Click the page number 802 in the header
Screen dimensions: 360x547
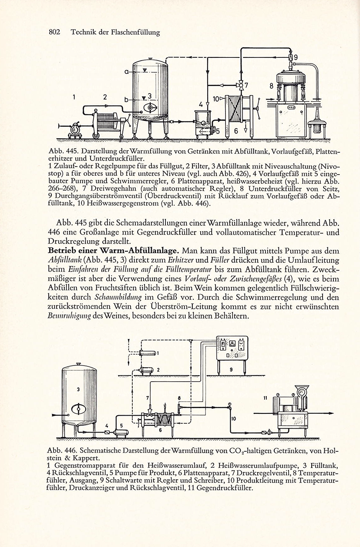54,32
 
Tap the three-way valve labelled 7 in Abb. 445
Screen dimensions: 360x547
241,85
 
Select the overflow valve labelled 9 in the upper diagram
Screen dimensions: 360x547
291,57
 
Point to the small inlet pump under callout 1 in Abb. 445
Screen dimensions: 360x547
75,129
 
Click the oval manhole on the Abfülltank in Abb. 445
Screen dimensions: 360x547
150,107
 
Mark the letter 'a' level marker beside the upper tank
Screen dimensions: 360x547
126,72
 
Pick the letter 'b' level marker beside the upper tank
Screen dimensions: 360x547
126,100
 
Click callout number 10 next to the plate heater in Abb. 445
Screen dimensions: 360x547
216,99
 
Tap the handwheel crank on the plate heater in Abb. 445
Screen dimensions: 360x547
257,107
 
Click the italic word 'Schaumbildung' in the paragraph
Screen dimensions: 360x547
118,297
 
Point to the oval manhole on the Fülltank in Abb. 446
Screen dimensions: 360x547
78,409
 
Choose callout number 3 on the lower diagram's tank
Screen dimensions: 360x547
78,389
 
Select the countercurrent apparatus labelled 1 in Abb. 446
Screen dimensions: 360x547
147,353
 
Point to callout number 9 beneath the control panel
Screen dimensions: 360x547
231,370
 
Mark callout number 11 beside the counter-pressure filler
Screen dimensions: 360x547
266,398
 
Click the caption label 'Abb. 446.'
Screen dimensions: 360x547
62,450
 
